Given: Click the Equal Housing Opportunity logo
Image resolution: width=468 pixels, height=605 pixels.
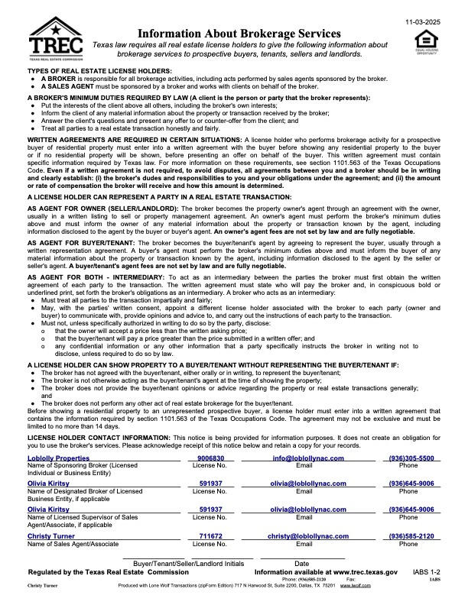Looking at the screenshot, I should tap(426, 42).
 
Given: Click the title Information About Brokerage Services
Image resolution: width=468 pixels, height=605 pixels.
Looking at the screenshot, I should tap(239, 34).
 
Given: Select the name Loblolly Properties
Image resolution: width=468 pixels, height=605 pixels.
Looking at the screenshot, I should tap(59, 458).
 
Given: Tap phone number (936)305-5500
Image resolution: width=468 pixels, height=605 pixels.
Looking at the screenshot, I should tap(411, 458).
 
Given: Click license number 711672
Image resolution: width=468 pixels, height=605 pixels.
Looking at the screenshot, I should tap(210, 537).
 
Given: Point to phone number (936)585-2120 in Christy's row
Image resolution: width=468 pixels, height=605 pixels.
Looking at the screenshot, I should tap(411, 537).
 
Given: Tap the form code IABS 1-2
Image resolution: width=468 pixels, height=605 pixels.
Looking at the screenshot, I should tap(426, 571).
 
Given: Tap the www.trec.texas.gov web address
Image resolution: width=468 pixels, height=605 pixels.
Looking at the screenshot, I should tap(366, 571).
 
